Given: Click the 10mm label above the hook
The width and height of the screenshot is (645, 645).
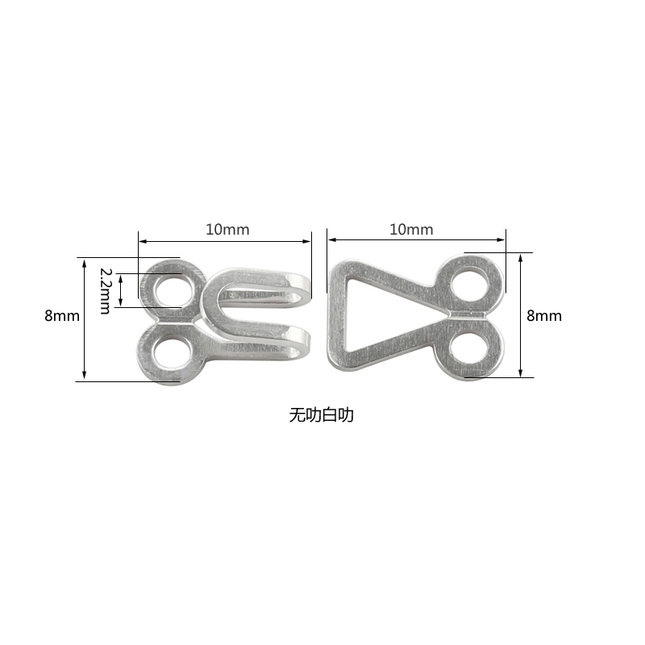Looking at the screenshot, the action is (x=227, y=229).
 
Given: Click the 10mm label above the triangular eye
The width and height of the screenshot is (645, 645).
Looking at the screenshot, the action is (x=411, y=229).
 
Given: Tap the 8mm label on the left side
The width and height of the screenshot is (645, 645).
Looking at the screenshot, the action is (x=62, y=316).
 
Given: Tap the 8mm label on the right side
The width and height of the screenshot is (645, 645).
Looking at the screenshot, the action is (x=543, y=316).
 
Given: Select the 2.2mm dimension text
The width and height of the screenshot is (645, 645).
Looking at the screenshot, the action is (x=106, y=290).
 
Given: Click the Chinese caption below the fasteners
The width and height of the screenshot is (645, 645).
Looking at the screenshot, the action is (x=321, y=415).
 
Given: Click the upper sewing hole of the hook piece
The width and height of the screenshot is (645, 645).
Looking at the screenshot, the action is (x=173, y=292).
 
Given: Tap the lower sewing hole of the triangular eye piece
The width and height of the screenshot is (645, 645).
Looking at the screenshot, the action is (x=469, y=345).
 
